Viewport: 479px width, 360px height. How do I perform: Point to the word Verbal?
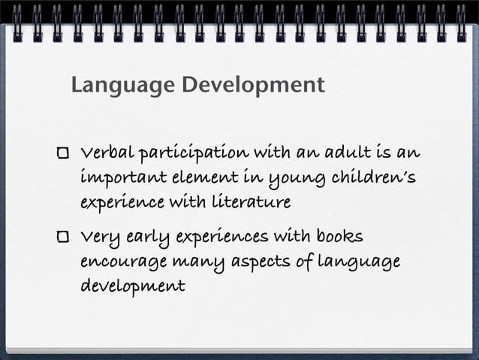[x=108, y=153]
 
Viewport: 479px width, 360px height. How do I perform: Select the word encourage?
[x=122, y=262]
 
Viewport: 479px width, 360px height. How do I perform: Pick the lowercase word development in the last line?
[x=132, y=286]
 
